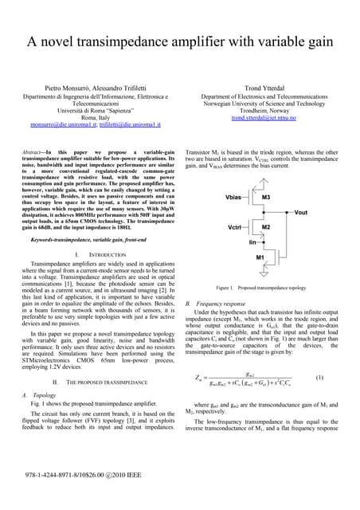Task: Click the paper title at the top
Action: (180, 41)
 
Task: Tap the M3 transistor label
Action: (266, 195)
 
